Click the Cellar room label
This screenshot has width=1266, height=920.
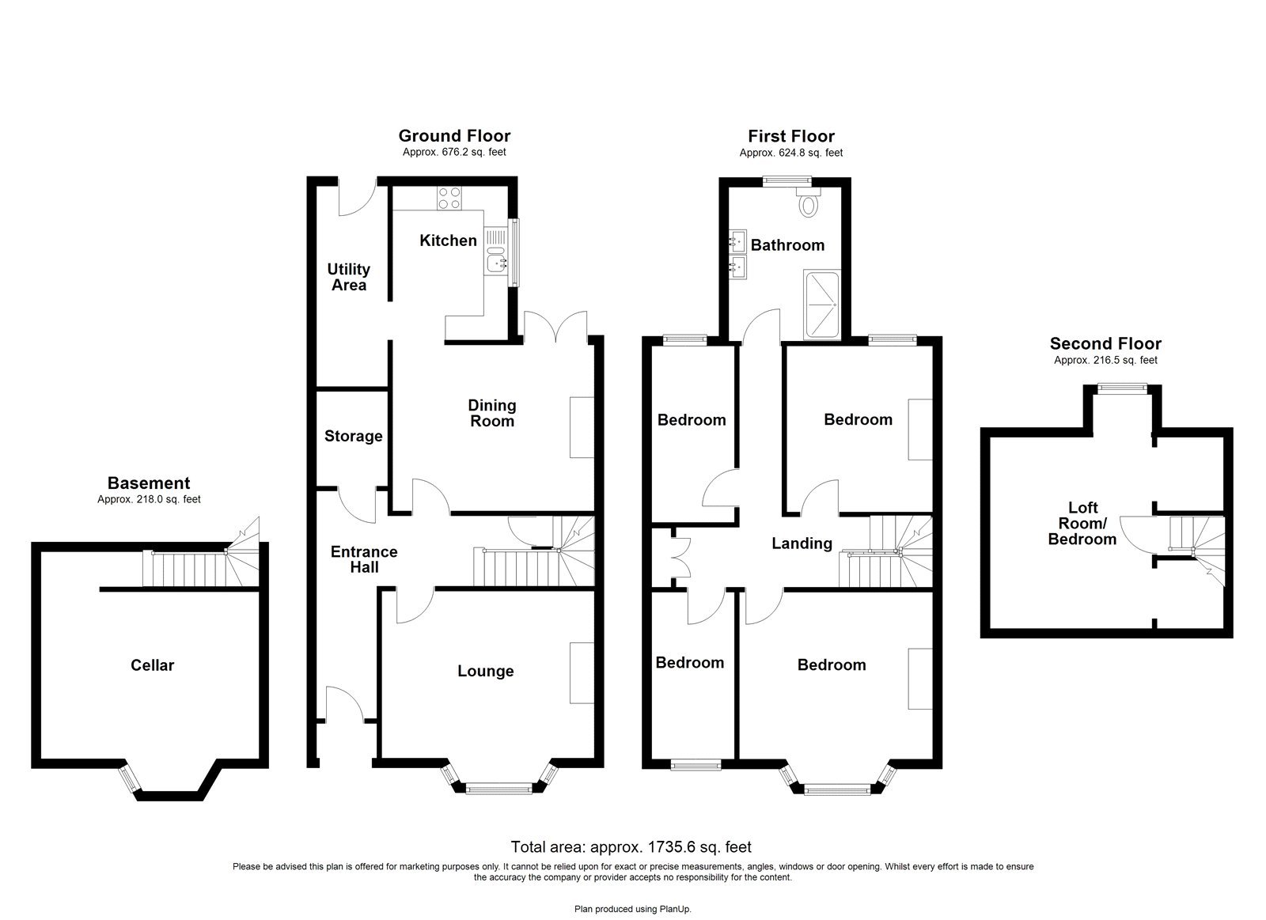click(x=152, y=665)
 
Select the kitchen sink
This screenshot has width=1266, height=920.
click(x=497, y=262)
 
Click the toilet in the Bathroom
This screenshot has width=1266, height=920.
click(x=808, y=203)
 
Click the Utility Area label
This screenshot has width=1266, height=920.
click(x=349, y=277)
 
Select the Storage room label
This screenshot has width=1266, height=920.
click(x=353, y=436)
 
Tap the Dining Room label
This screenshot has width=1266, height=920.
click(x=492, y=413)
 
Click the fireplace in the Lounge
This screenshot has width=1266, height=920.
click(x=582, y=672)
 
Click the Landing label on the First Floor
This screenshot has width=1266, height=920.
click(x=802, y=543)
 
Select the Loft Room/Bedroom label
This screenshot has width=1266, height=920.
click(x=1082, y=524)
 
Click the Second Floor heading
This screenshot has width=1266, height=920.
click(x=1105, y=343)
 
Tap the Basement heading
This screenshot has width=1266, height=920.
click(x=149, y=483)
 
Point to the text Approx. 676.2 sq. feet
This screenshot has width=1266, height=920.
click(x=454, y=152)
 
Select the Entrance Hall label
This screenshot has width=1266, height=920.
click(x=364, y=559)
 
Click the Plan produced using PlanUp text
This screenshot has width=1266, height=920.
click(x=632, y=909)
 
